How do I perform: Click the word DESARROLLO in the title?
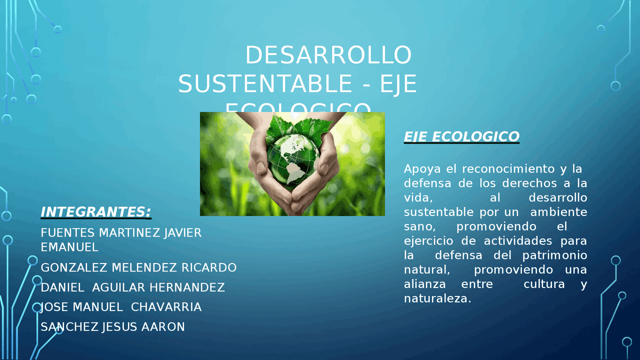[328, 55]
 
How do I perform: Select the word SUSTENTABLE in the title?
[265, 83]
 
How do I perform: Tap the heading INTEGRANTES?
[95, 212]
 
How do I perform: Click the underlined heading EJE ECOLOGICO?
[461, 136]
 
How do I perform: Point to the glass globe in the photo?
[292, 155]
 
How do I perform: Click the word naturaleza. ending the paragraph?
[437, 299]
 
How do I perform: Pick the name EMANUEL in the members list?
[69, 247]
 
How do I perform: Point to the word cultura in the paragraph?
[544, 284]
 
